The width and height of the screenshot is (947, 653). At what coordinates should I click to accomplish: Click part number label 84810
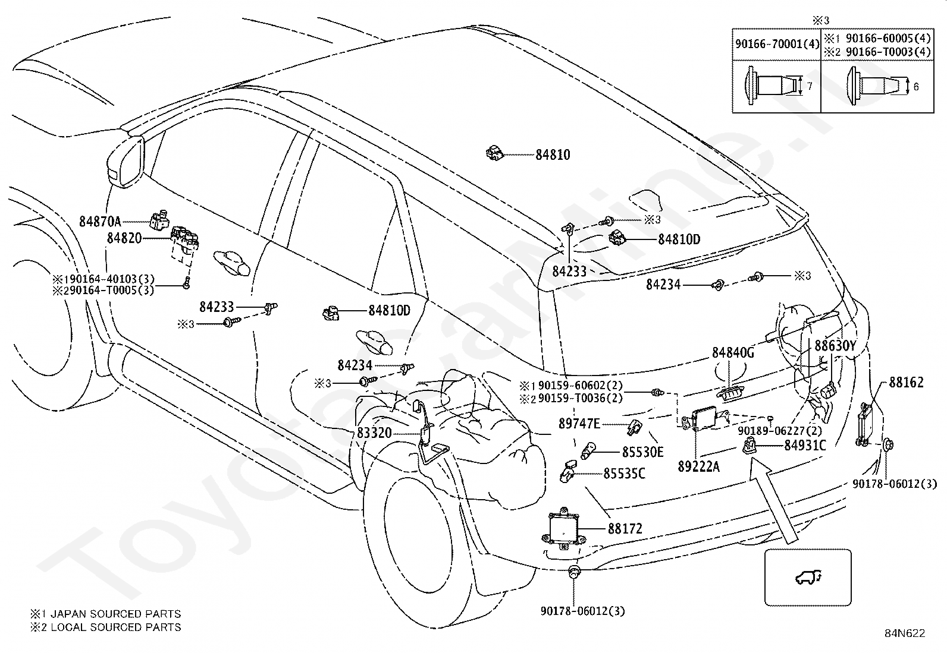(x=553, y=155)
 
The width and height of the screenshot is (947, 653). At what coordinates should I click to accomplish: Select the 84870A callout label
(x=100, y=221)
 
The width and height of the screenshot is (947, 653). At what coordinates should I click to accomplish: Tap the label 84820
(x=124, y=238)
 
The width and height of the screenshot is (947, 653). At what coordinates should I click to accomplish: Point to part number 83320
(x=374, y=433)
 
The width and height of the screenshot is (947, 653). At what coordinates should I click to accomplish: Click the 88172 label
(x=625, y=528)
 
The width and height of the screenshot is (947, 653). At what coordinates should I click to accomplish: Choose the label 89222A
(x=698, y=466)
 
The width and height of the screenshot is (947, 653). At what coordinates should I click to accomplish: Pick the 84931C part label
(x=805, y=445)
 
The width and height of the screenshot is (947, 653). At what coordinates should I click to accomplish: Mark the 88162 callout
(x=906, y=382)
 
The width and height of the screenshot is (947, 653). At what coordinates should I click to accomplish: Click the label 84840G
(x=733, y=352)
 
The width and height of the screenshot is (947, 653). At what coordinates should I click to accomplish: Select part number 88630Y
(x=835, y=346)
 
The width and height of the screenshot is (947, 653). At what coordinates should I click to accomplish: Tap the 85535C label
(x=624, y=474)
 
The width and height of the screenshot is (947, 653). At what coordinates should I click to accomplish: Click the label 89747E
(x=579, y=423)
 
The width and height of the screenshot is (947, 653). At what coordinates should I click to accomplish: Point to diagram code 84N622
(x=905, y=633)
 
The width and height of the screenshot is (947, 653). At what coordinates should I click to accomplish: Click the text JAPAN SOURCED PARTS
(x=115, y=614)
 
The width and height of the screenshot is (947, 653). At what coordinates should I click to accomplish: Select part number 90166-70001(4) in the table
(x=777, y=44)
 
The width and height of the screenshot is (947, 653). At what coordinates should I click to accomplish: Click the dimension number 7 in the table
(x=809, y=86)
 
